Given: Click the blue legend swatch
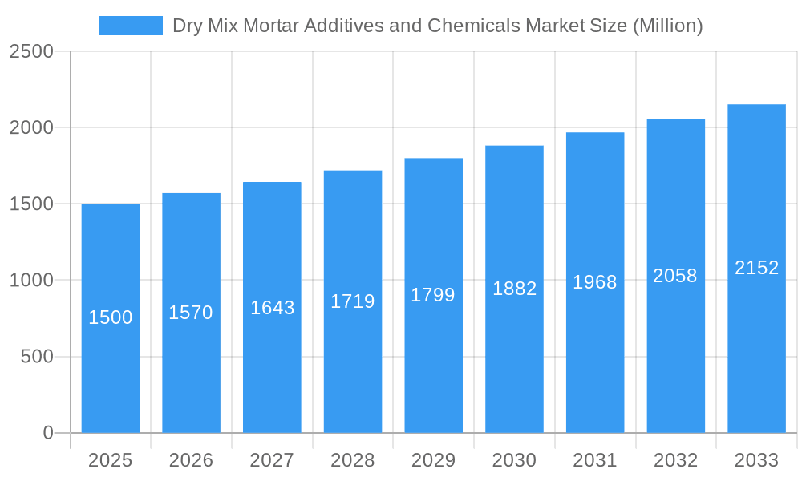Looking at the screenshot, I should (x=130, y=26).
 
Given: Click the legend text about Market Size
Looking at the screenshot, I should (x=437, y=26).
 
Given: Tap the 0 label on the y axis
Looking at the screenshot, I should (x=47, y=433).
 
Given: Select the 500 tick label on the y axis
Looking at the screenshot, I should (x=37, y=357).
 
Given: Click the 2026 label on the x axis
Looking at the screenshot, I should (x=192, y=460).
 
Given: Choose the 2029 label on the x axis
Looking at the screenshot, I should (x=433, y=460).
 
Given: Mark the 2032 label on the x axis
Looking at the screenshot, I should (x=675, y=460).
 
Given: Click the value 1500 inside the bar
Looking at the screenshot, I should (x=111, y=317).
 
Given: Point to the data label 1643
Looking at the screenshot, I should (x=272, y=308).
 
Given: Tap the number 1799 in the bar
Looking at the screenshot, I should (x=433, y=295).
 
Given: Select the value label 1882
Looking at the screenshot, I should (x=514, y=289).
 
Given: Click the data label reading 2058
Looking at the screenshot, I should (x=675, y=276).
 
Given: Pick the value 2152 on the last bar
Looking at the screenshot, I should (x=756, y=268).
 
